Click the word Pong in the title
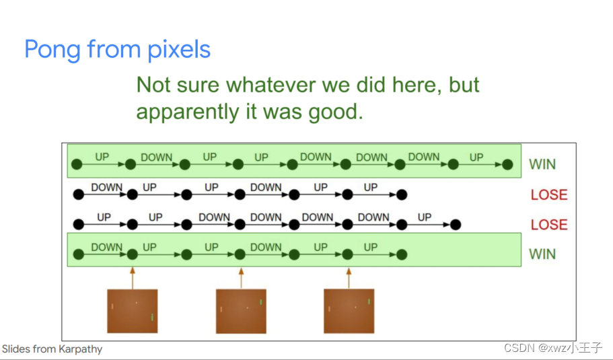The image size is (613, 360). tap(53, 50)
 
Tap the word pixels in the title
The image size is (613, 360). tap(179, 50)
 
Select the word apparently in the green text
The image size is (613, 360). tap(188, 112)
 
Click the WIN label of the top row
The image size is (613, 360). tap(542, 164)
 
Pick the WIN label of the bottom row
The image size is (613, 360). tap(542, 254)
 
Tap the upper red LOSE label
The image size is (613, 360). tap(549, 194)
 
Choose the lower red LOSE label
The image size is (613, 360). tap(549, 225)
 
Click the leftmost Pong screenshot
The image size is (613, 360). tap(133, 311)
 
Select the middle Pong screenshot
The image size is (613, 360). tap(241, 311)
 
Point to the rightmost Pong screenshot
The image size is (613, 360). tap(349, 311)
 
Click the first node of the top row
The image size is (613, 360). tap(77, 165)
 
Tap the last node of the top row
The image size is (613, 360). tap(507, 165)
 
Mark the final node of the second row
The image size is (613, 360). tap(402, 194)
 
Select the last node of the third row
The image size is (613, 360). tap(456, 225)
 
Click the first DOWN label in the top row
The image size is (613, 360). tap(156, 157)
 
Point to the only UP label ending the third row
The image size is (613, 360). tap(424, 217)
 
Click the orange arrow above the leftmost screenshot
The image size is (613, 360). tap(133, 279)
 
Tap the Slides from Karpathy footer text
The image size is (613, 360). tap(52, 349)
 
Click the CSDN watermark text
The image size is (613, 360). tap(553, 347)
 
